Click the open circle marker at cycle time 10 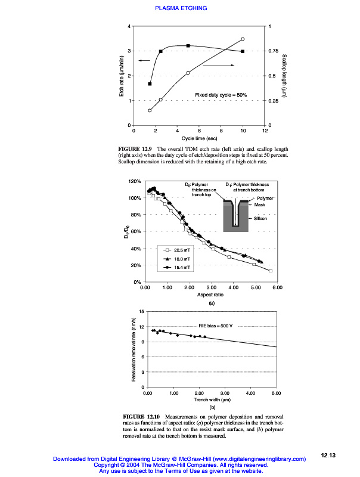click(243, 39)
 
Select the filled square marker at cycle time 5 click(188, 46)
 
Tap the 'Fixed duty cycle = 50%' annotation click(221, 95)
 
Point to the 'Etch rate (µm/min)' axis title click(122, 76)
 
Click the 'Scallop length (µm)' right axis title click(284, 76)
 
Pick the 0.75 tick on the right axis click(273, 51)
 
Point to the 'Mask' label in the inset click(260, 205)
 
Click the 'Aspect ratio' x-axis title click(210, 295)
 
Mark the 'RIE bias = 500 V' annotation click(214, 325)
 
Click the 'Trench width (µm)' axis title click(211, 401)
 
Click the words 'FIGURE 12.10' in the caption click(141, 416)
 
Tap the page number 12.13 click(328, 456)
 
